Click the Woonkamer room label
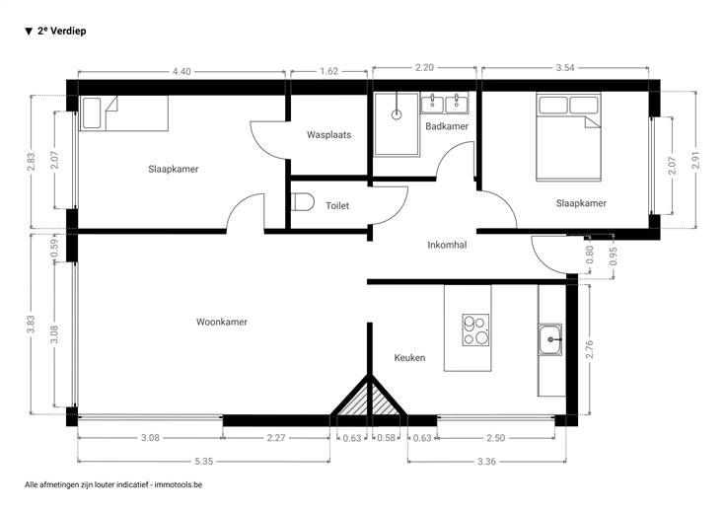coord(222,322)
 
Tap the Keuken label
coord(409,357)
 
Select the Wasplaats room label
coord(328,135)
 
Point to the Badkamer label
coord(447,126)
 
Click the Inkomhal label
coord(447,245)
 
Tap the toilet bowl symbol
coord(303,203)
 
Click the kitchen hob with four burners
coord(475,330)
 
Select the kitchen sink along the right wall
coord(550,339)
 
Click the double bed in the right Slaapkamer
coord(568,137)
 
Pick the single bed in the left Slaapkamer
coord(123,113)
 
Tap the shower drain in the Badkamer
coord(397,114)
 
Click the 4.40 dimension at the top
coord(181,71)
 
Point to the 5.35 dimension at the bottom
coord(204,461)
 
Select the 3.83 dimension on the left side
coord(31,325)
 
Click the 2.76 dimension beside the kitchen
coord(590,349)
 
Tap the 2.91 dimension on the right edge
coord(695,160)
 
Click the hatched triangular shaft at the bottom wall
coord(369,401)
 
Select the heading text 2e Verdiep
coord(61,31)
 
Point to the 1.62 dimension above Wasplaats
coord(328,71)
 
